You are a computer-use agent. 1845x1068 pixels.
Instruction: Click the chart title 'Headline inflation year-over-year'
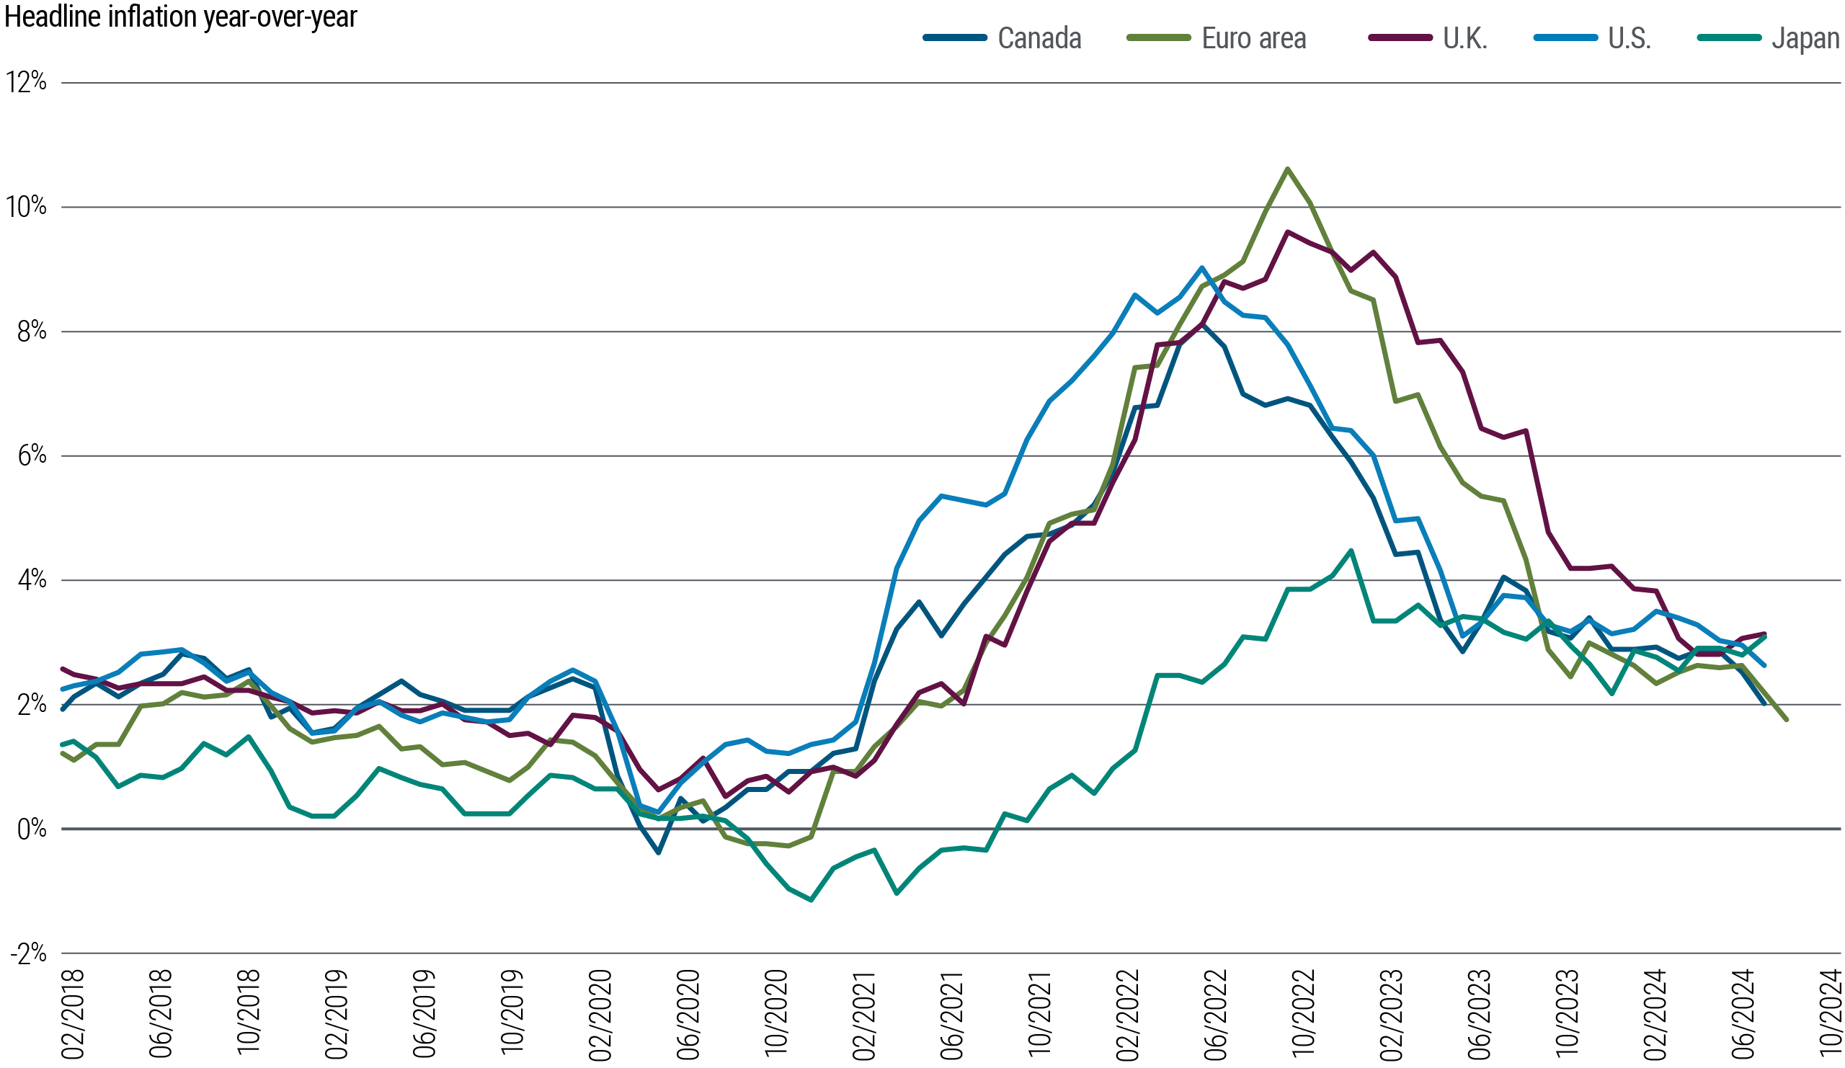coord(180,16)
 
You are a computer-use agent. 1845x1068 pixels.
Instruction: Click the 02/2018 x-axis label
coord(74,1014)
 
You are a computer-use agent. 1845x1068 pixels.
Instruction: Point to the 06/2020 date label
coord(690,1014)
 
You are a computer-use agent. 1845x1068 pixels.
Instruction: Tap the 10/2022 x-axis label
coord(1305,1014)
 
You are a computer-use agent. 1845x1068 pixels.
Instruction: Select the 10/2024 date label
coord(1831,1014)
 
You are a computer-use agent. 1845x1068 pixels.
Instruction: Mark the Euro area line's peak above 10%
coord(1287,169)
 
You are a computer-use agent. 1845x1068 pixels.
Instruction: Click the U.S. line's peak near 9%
coord(1201,267)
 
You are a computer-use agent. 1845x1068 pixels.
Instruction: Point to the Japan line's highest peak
coord(1351,550)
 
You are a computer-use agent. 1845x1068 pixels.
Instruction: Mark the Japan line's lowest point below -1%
coord(812,899)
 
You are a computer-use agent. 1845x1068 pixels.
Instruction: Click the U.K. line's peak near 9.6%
coord(1287,232)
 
